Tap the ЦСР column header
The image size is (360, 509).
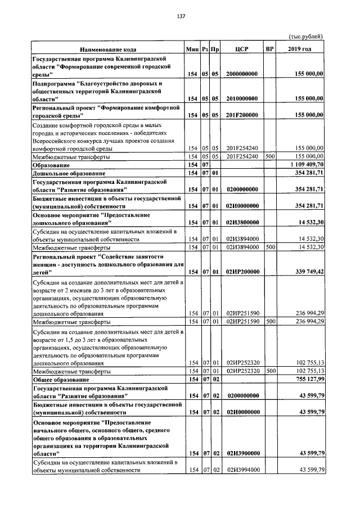(242, 49)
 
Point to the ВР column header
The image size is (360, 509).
(269, 49)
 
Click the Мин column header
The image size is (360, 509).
(193, 49)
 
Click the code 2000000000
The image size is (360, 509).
(242, 74)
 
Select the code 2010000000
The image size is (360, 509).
(242, 98)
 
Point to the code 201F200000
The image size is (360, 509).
(242, 115)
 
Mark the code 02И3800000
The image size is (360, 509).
(242, 223)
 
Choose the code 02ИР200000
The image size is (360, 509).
(242, 272)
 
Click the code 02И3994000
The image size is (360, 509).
(242, 470)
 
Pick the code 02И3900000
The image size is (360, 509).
(242, 453)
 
